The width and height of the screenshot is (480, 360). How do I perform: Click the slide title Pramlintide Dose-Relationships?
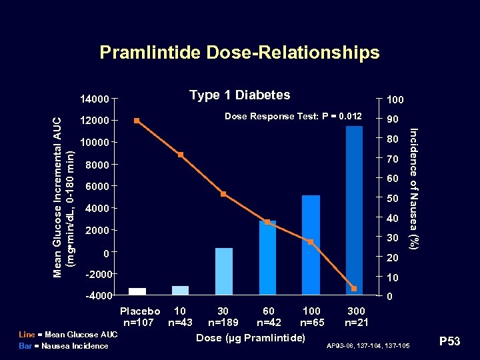pos(239,53)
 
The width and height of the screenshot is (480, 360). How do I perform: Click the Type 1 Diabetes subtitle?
pos(239,95)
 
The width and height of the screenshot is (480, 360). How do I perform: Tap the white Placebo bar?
pos(137,291)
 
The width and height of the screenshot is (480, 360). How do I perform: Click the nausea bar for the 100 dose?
pos(311,245)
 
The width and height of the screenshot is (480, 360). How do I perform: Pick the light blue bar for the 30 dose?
pos(224,271)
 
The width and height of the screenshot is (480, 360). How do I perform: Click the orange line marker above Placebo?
pos(137,121)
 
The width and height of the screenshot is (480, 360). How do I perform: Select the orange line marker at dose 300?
pos(354,288)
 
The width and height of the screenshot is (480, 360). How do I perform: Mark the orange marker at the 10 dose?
pos(181,155)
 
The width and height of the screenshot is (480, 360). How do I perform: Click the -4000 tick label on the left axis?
pos(96,295)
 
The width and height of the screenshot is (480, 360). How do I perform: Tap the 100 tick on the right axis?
pos(395,99)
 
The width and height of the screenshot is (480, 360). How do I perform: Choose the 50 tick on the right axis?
pos(392,199)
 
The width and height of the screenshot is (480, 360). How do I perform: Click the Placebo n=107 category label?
pos(139,317)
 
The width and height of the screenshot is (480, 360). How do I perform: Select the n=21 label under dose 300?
pos(356,323)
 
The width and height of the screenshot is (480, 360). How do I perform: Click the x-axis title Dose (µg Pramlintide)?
pos(251,337)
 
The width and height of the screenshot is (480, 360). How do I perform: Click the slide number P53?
pos(449,342)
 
